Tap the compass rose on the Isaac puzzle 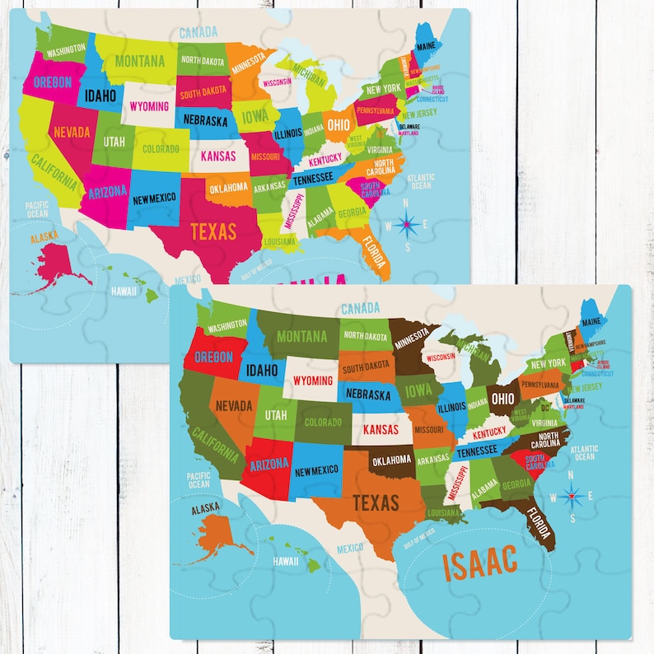pyautogui.click(x=574, y=497)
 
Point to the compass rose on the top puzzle pyautogui.click(x=406, y=223)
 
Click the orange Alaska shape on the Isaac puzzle pyautogui.click(x=216, y=534)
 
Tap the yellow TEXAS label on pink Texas pyautogui.click(x=213, y=231)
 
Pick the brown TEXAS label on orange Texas pyautogui.click(x=376, y=502)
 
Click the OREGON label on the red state pyautogui.click(x=213, y=357)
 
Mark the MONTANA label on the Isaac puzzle pyautogui.click(x=302, y=336)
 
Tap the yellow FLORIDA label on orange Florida pyautogui.click(x=373, y=254)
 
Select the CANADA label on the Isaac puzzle pyautogui.click(x=360, y=308)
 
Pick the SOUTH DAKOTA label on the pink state pyautogui.click(x=203, y=92)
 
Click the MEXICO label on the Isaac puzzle pyautogui.click(x=349, y=548)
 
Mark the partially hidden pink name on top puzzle pyautogui.click(x=321, y=281)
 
